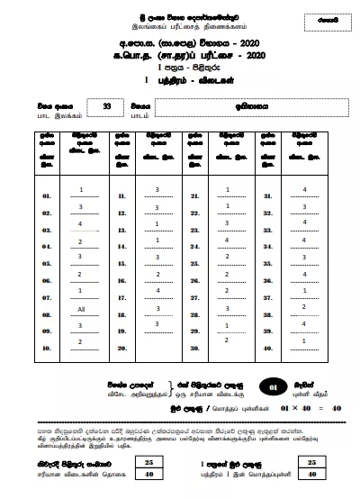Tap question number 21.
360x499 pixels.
192,195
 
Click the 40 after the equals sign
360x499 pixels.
336,408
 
